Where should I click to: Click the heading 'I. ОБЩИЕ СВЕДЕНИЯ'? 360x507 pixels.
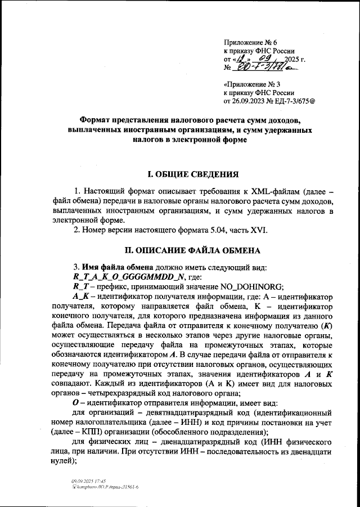(x=179, y=173)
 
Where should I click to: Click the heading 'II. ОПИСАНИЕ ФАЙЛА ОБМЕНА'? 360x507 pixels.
(x=179, y=250)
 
